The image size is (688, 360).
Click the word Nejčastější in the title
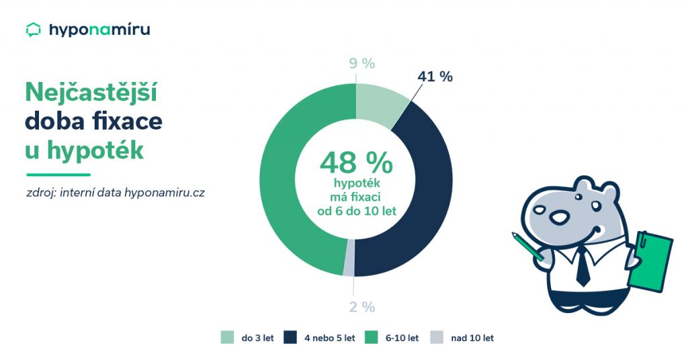tap(91, 93)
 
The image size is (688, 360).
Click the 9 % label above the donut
tap(361, 64)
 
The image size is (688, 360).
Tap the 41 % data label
tap(435, 77)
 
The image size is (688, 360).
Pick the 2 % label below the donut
tap(361, 307)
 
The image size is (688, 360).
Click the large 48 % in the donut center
tap(356, 163)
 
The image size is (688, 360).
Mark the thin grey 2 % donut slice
tap(349, 267)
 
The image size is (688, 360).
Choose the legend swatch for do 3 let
tap(227, 338)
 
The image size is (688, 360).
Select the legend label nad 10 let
tap(473, 338)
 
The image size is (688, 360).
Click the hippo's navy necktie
tap(583, 269)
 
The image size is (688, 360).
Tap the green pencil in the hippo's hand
tap(527, 245)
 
